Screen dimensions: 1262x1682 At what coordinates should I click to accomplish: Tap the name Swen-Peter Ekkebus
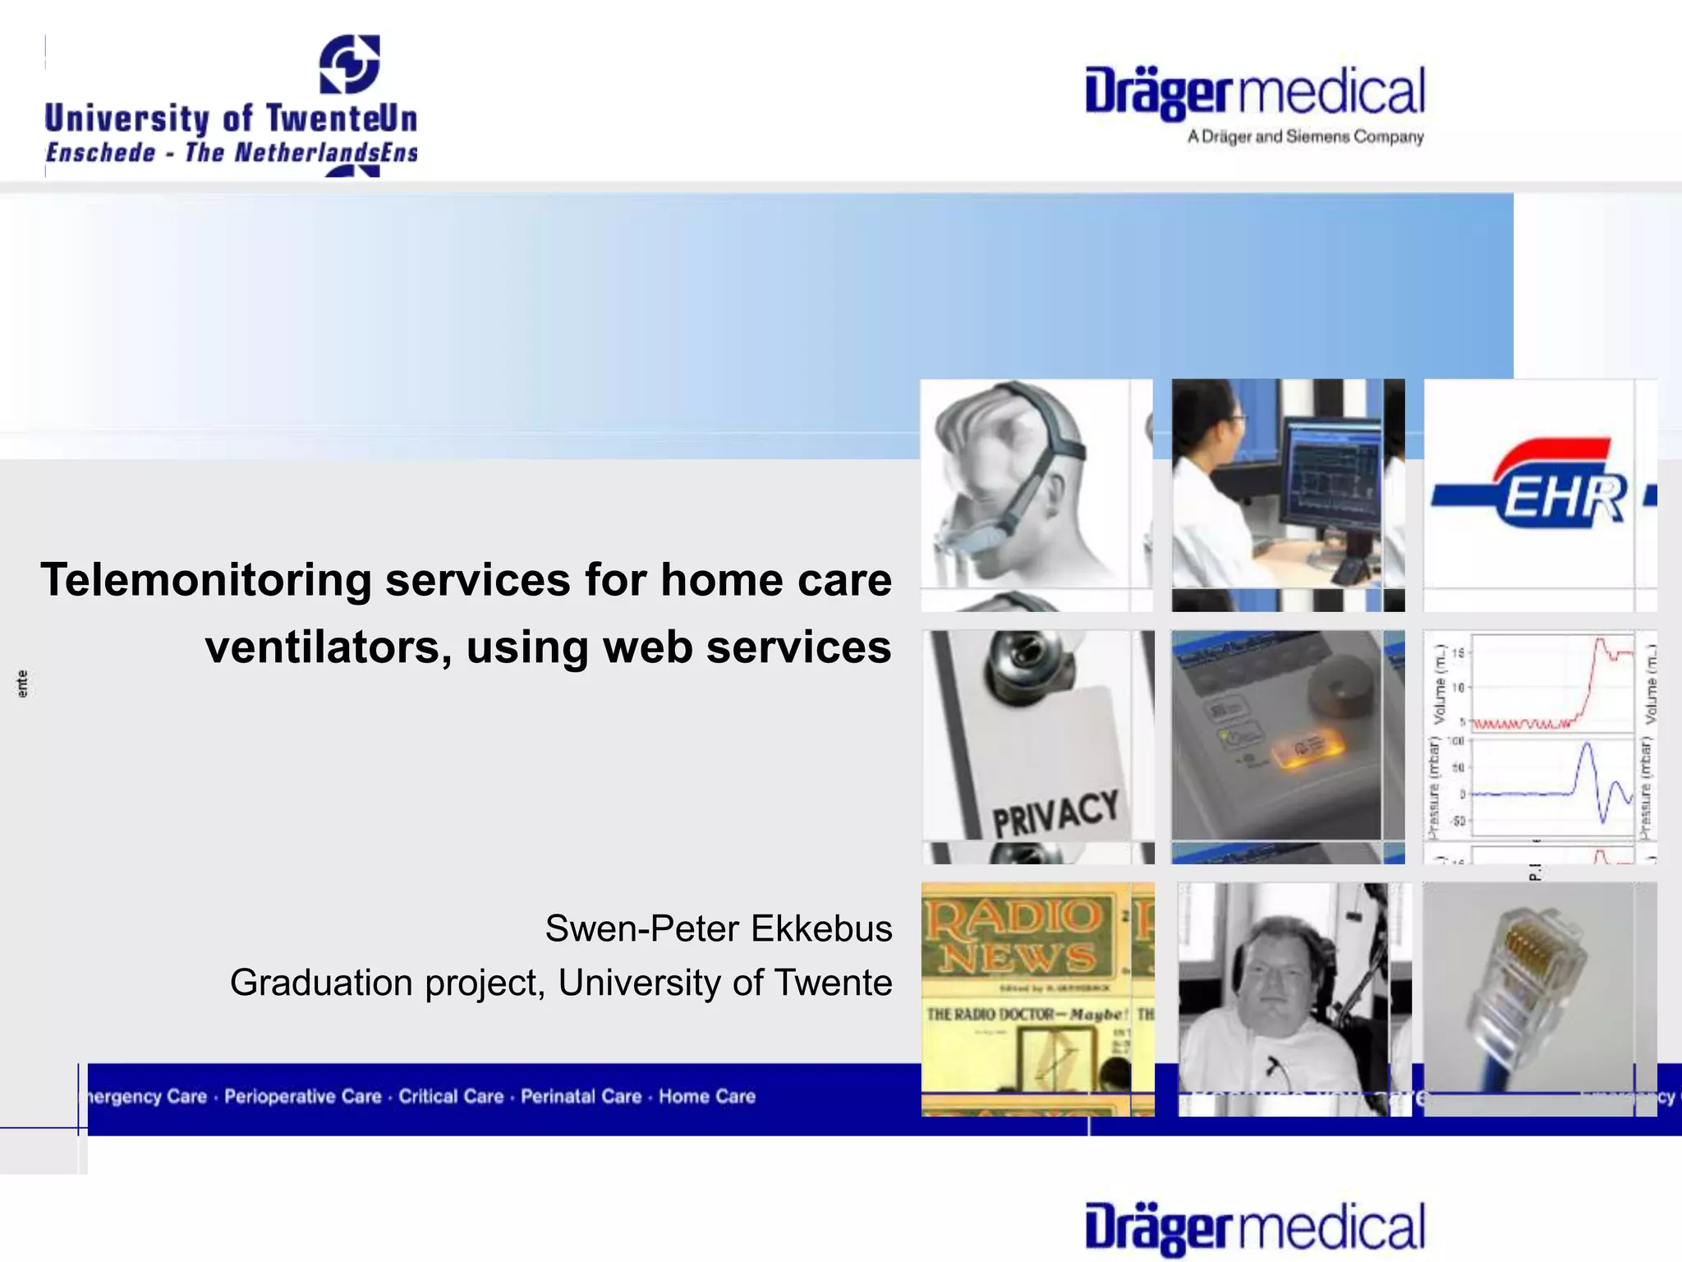(x=718, y=929)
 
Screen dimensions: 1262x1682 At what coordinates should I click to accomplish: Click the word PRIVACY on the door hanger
(x=1055, y=813)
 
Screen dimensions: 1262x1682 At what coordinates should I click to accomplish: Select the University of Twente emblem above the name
(x=350, y=64)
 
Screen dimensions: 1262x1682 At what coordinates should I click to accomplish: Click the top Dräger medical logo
(x=1254, y=93)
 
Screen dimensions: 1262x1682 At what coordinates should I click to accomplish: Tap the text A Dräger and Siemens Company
(x=1305, y=137)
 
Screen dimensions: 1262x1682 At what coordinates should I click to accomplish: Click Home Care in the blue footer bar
(x=706, y=1097)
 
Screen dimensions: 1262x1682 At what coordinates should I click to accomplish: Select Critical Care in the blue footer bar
(x=451, y=1097)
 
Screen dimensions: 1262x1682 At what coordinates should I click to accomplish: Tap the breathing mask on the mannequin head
(x=977, y=538)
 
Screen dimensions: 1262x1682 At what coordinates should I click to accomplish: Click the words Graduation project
(x=386, y=983)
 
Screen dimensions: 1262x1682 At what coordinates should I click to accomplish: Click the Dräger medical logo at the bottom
(x=1254, y=1228)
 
